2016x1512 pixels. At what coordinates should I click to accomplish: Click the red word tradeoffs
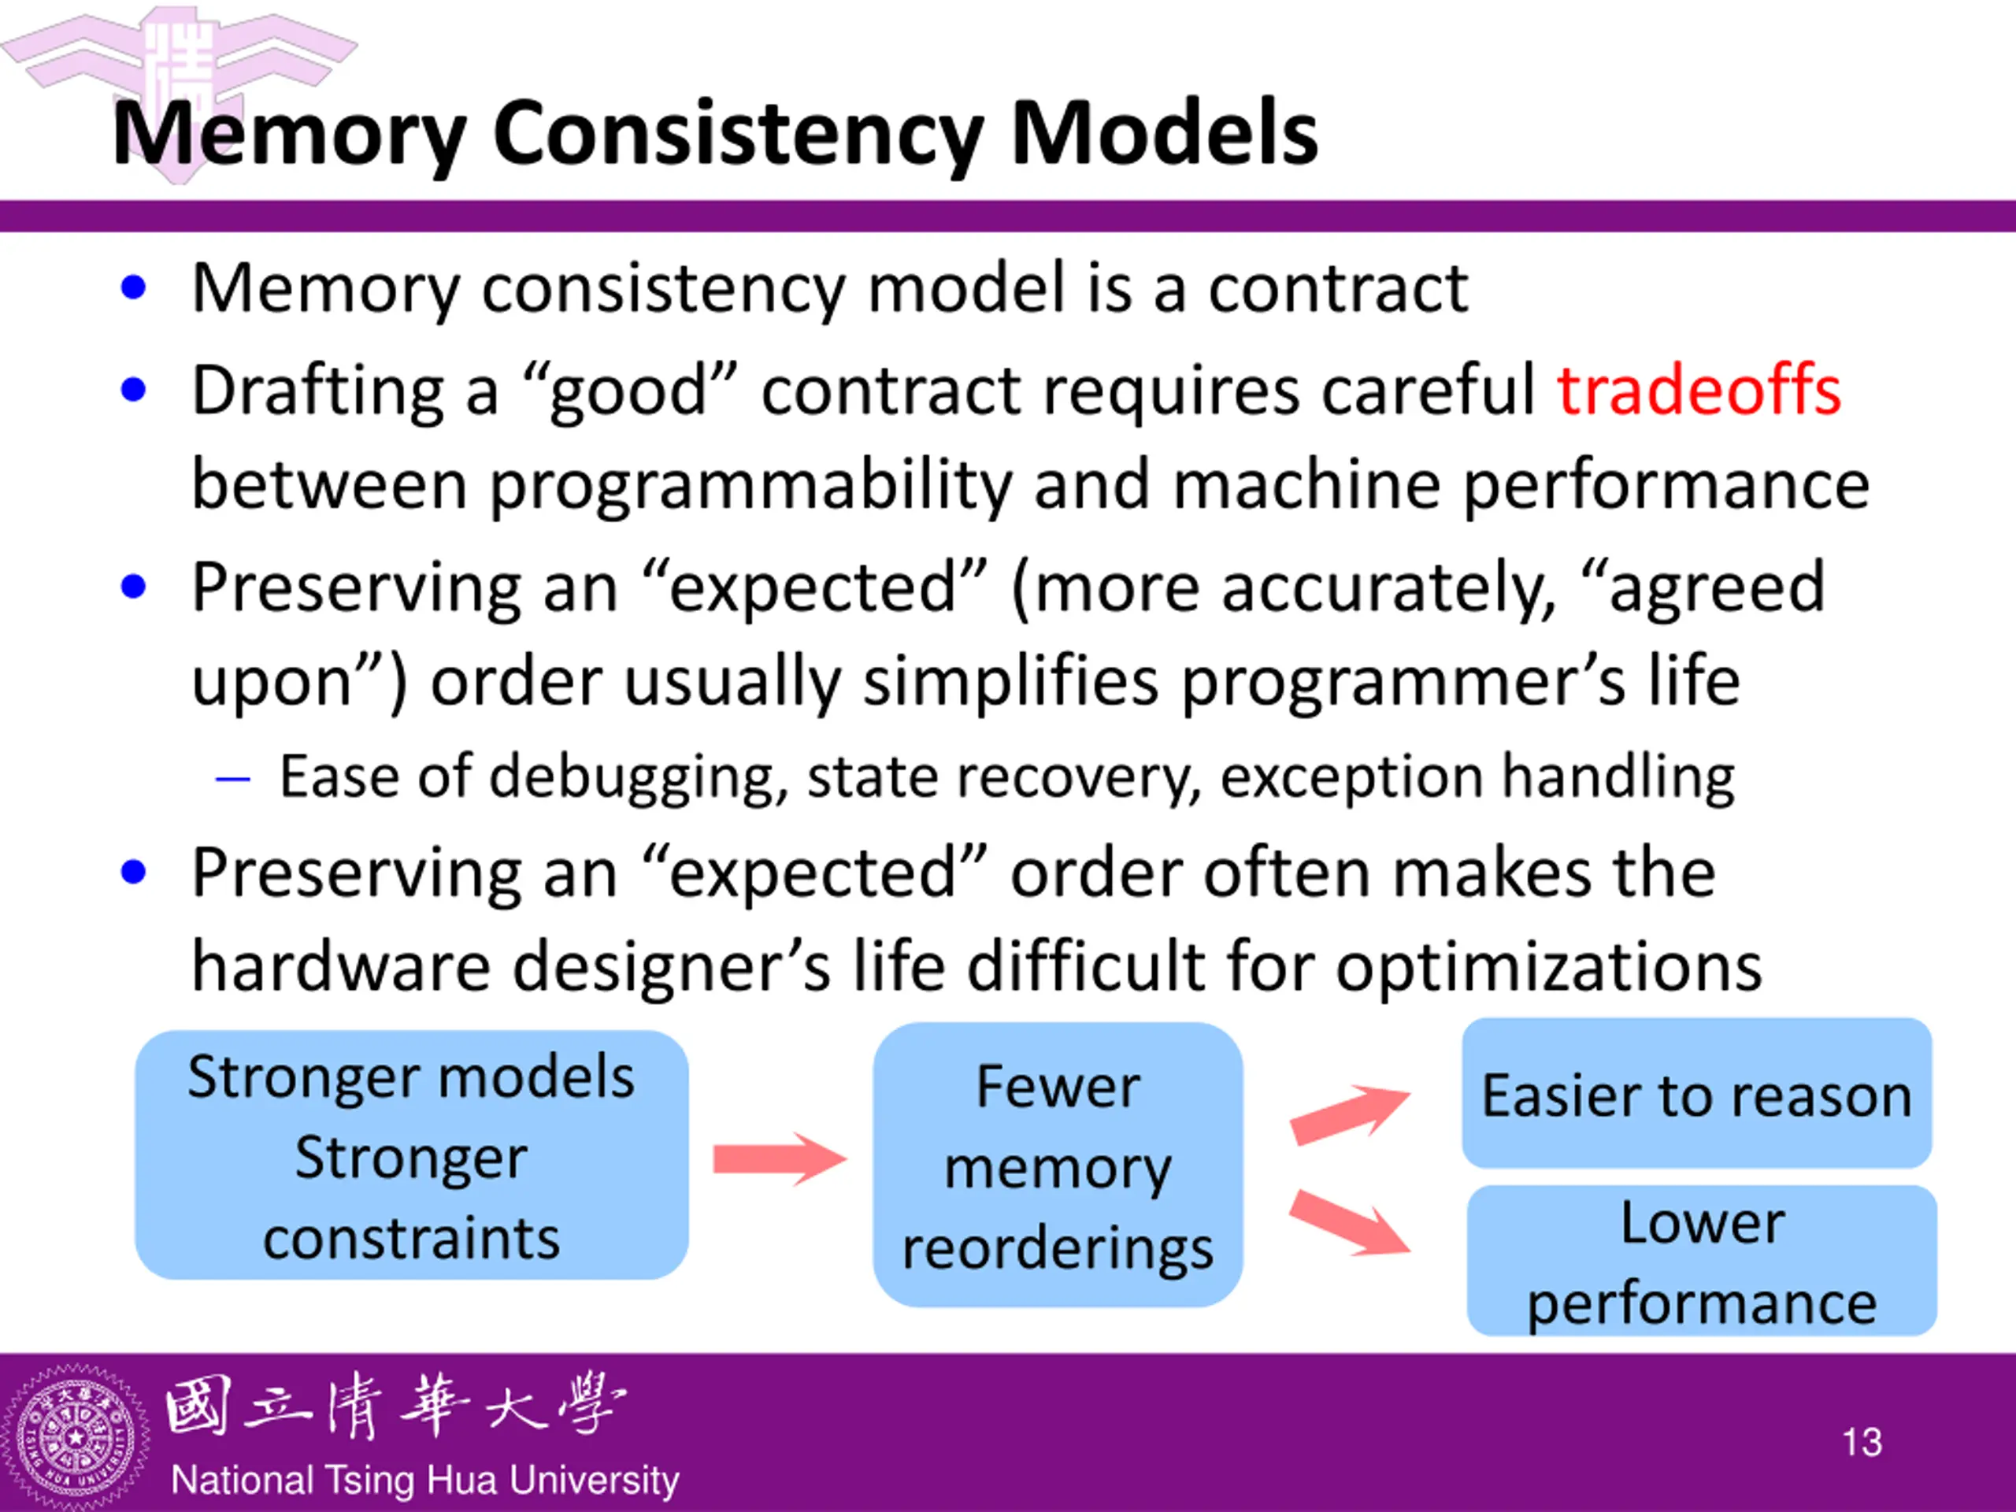click(1698, 390)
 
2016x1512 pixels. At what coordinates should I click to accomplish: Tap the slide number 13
click(1861, 1442)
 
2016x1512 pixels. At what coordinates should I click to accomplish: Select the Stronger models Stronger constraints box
click(411, 1155)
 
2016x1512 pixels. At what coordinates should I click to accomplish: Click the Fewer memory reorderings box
click(1057, 1165)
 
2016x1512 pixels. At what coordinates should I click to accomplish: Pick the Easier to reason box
click(1696, 1094)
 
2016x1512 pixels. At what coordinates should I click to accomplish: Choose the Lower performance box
click(1702, 1261)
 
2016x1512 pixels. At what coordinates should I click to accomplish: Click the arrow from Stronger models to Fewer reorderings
click(780, 1158)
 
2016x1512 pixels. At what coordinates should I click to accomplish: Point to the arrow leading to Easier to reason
click(1350, 1113)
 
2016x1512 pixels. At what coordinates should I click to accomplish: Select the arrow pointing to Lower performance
click(1350, 1222)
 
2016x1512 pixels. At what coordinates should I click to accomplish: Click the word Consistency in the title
click(737, 134)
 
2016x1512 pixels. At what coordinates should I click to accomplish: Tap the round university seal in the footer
click(75, 1438)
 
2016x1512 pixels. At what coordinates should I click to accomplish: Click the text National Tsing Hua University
click(424, 1480)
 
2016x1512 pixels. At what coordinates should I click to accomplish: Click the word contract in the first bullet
click(1337, 288)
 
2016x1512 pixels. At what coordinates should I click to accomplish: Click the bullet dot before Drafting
click(133, 390)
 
